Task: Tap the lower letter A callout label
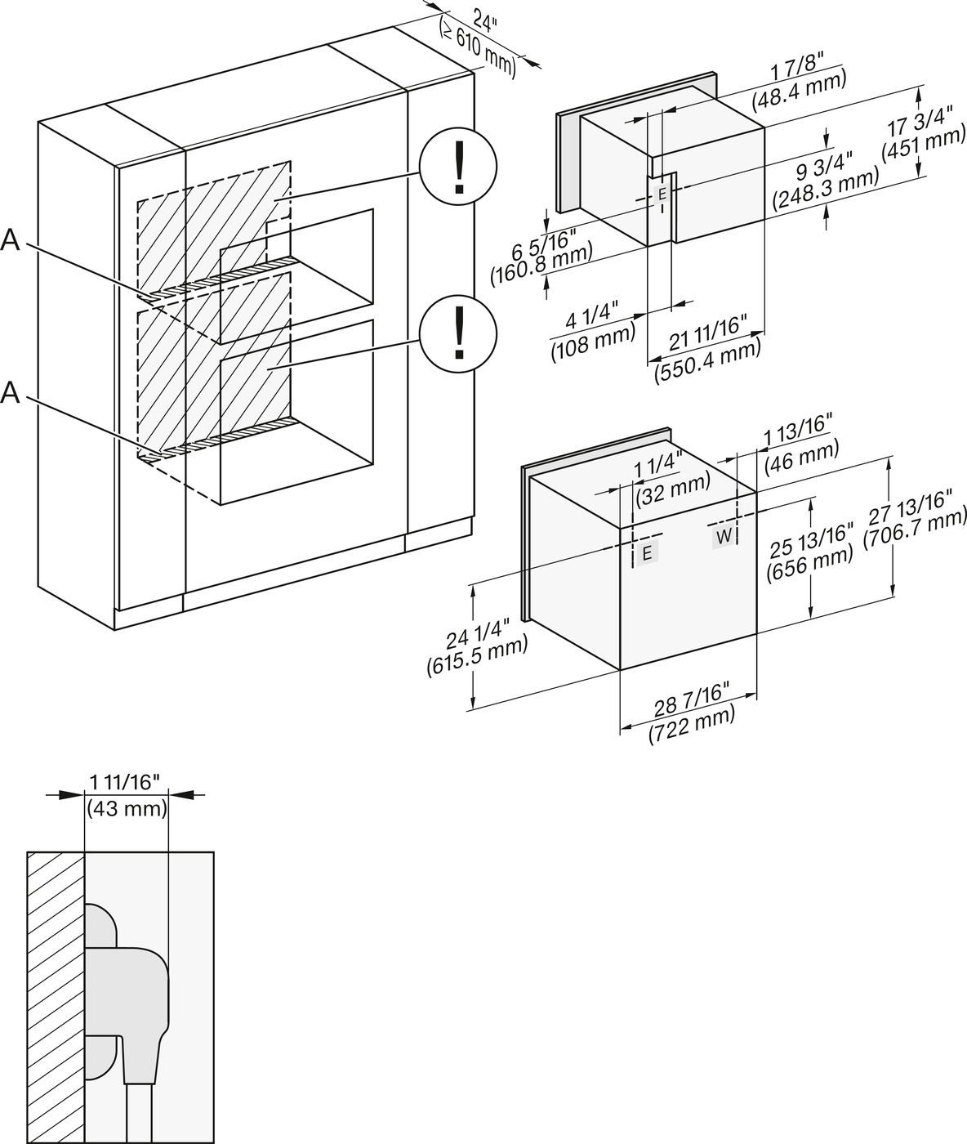tap(11, 393)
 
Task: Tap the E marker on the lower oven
tap(647, 553)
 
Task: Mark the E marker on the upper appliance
tap(662, 193)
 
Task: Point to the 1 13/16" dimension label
tap(798, 431)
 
